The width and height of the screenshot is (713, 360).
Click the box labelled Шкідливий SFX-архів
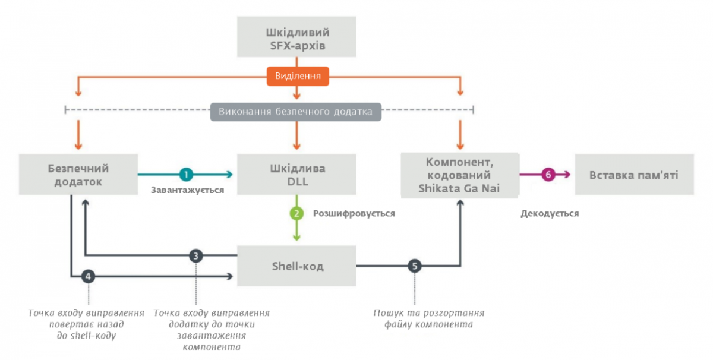pos(296,37)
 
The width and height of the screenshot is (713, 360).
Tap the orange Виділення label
pos(298,76)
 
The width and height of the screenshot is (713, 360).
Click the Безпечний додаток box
pos(78,174)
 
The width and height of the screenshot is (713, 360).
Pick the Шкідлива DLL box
pos(296,174)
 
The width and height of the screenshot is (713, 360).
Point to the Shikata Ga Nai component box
pos(459,175)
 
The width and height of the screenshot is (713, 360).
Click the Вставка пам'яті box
pos(633,175)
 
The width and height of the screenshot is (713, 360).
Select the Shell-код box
pos(296,266)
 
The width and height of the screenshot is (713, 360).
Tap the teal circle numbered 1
pos(187,174)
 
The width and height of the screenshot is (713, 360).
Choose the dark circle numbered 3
pos(196,256)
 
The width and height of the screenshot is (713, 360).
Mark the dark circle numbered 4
pos(88,276)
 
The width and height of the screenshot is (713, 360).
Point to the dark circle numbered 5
pos(414,266)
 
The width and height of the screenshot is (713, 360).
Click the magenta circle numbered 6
pos(548,174)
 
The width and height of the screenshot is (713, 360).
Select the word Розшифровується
pos(354,213)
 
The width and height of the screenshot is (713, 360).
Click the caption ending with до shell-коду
pos(87,324)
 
